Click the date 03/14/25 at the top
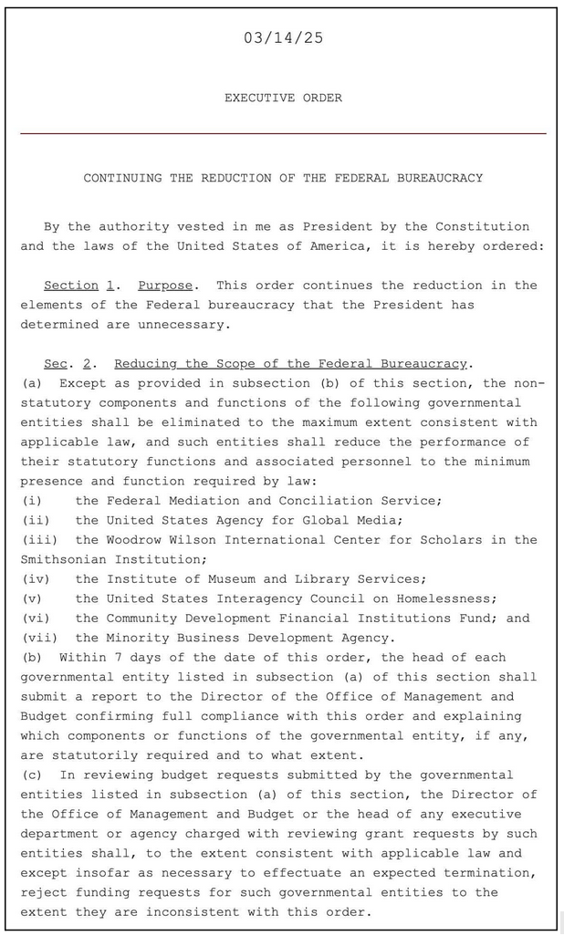point(283,38)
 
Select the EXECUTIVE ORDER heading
point(283,98)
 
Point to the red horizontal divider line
point(283,134)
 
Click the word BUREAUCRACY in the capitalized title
point(440,178)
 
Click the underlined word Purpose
point(165,286)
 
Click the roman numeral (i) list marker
point(33,501)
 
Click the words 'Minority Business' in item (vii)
point(173,638)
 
